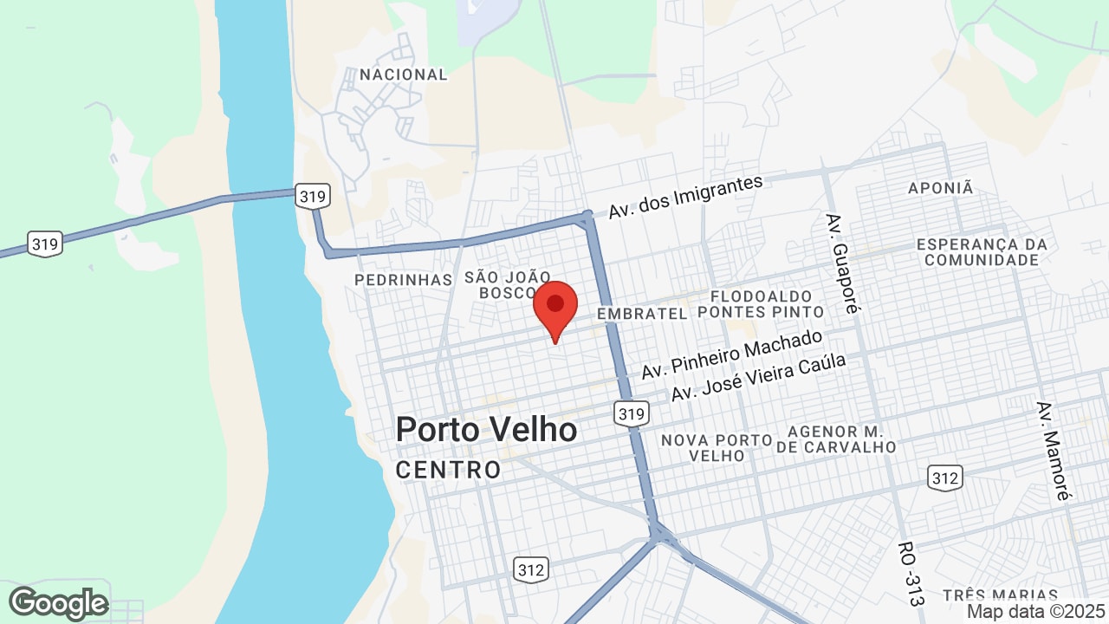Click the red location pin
555,309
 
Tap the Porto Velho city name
486,430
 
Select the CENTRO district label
448,471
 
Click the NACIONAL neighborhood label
404,75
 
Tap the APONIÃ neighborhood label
941,188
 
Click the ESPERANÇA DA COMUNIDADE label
982,252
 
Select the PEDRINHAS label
404,280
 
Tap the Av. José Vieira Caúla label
758,377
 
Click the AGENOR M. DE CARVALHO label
836,439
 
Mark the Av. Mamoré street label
1053,451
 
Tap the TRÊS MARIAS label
1000,595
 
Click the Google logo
59,603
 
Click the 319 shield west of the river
44,244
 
